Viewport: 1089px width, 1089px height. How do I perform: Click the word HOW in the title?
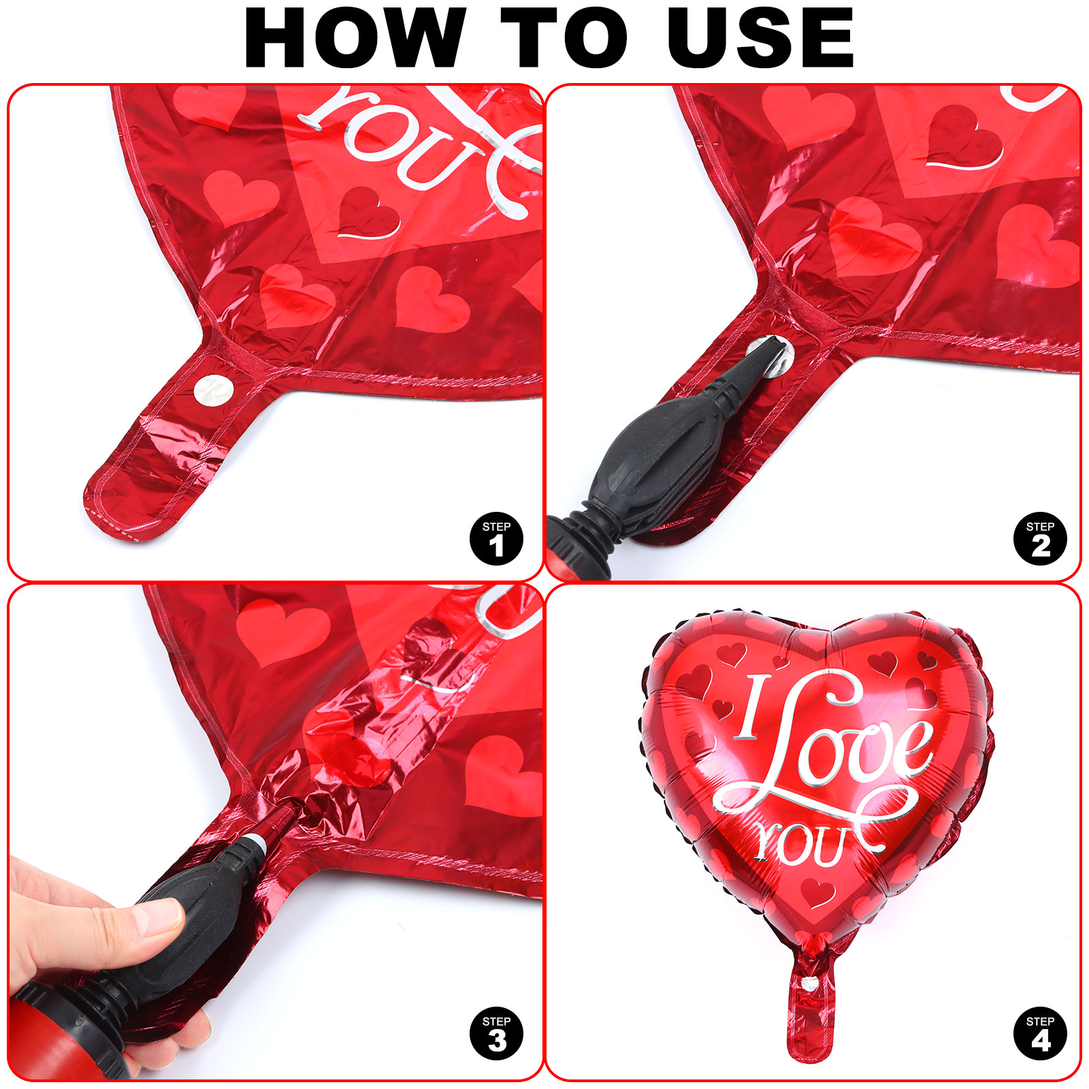(355, 38)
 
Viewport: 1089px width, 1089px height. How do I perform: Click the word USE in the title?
(760, 38)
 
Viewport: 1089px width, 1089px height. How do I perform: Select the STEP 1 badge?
(497, 538)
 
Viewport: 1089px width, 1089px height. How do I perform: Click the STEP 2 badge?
(1040, 538)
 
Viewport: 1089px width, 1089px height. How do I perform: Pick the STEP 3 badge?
(497, 1033)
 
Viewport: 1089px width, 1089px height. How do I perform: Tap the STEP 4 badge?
(1040, 1033)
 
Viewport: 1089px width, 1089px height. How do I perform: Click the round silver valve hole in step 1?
(214, 390)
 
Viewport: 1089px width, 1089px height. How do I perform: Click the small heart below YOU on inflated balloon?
(818, 892)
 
